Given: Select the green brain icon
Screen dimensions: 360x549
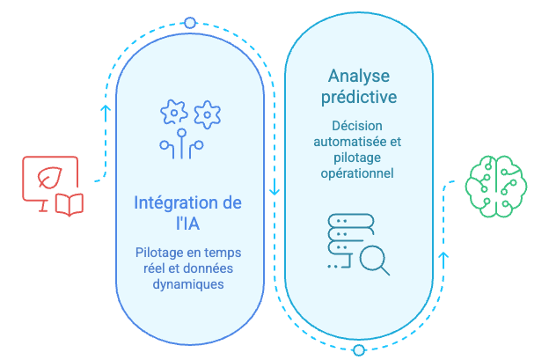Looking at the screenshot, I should pyautogui.click(x=496, y=185).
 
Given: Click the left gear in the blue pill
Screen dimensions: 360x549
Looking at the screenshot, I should pyautogui.click(x=172, y=113).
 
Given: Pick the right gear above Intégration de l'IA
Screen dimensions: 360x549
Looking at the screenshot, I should pyautogui.click(x=207, y=113).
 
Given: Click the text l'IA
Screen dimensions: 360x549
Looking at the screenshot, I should pyautogui.click(x=188, y=224).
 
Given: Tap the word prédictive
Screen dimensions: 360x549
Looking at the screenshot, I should pyautogui.click(x=358, y=96).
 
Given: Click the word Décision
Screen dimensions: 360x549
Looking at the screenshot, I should pyautogui.click(x=357, y=125).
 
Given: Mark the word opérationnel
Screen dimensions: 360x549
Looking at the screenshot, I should pyautogui.click(x=358, y=173).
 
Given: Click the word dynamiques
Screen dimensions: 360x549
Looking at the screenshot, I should pyautogui.click(x=188, y=284).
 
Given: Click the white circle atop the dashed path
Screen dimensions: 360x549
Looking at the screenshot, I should pyautogui.click(x=190, y=22).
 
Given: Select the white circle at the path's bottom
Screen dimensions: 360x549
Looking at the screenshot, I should pyautogui.click(x=358, y=349).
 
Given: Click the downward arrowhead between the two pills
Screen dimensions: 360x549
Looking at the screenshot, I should pyautogui.click(x=274, y=189).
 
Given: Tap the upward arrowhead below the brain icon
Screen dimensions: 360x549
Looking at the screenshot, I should pyautogui.click(x=443, y=258).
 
